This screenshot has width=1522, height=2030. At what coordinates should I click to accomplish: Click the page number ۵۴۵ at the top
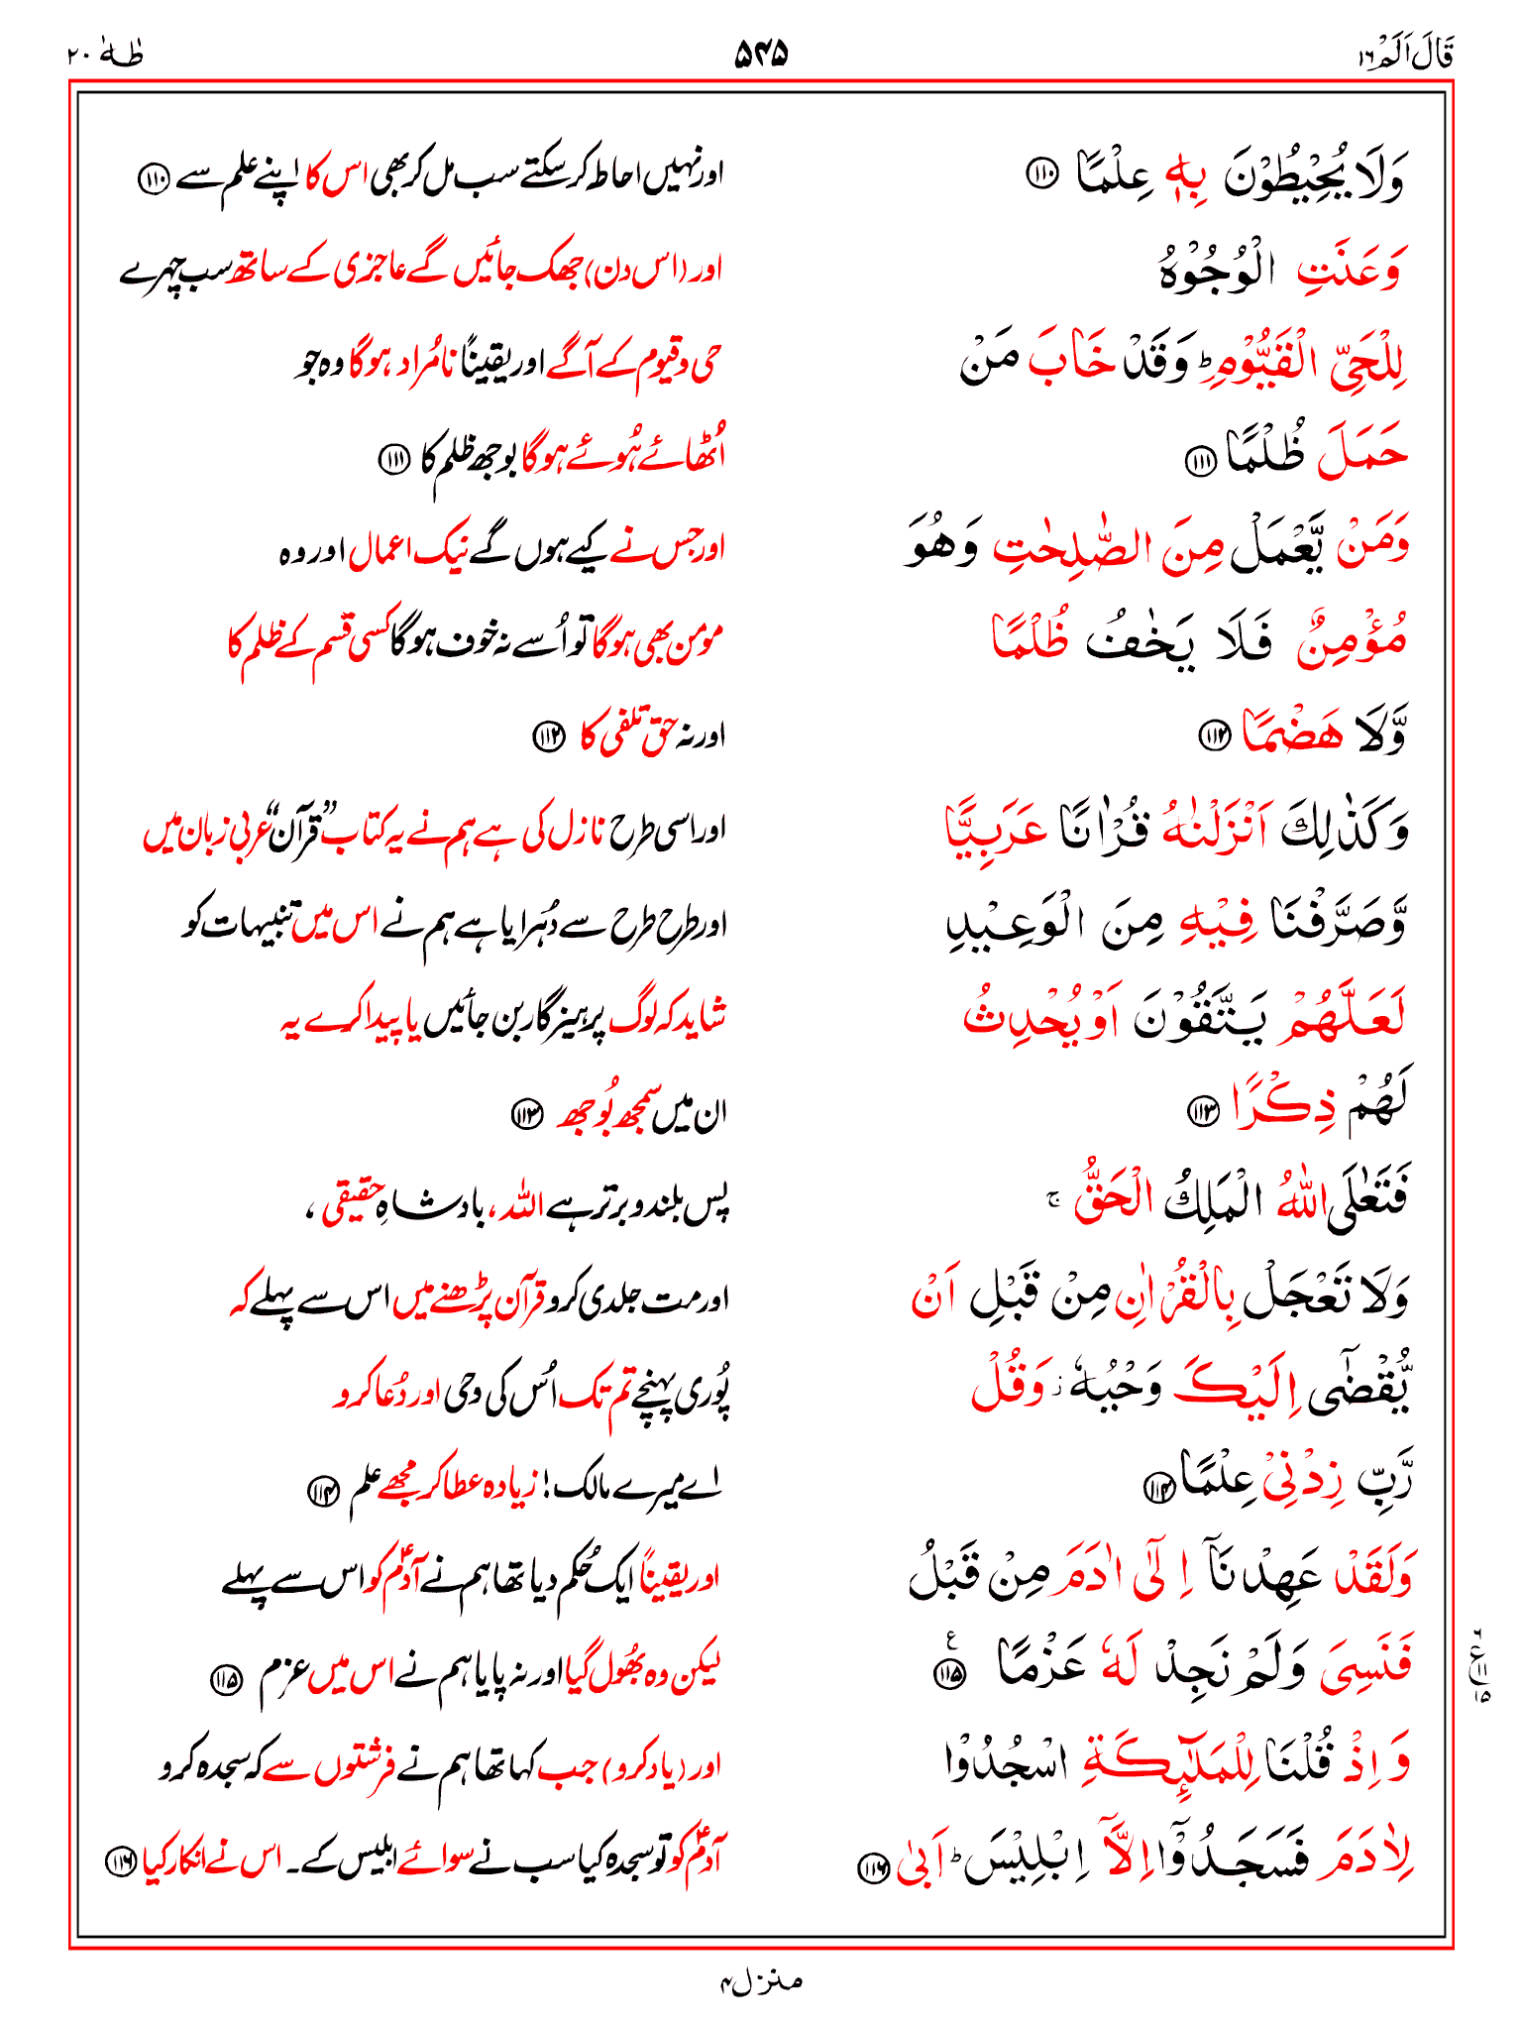760,53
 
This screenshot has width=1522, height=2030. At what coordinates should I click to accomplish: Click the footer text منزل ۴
761,1981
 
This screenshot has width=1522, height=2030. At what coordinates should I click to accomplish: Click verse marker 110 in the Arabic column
1041,175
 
